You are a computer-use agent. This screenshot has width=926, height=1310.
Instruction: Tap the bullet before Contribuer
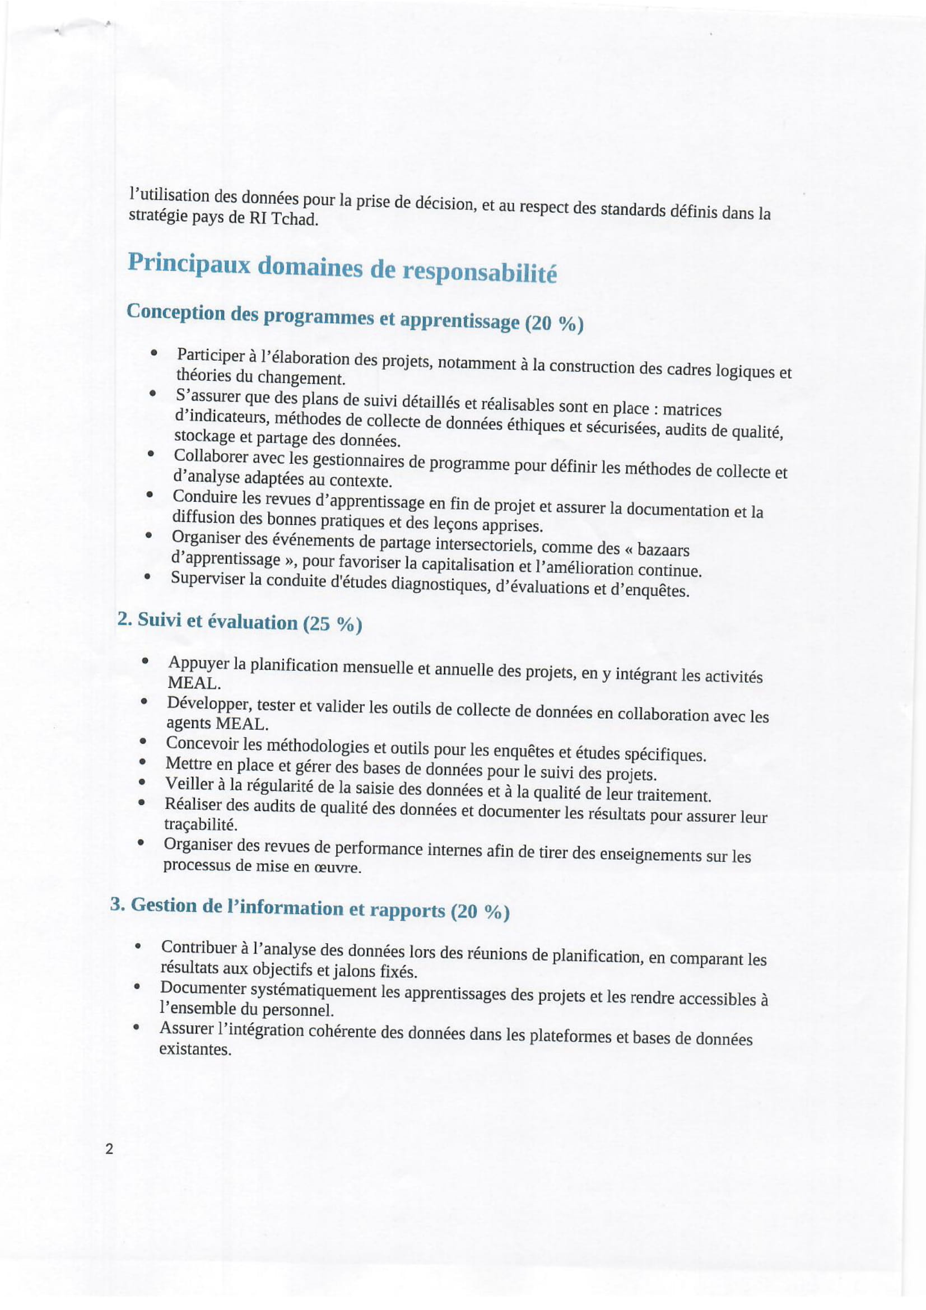(x=138, y=948)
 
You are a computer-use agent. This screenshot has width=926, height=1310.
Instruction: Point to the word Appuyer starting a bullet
(x=198, y=663)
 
